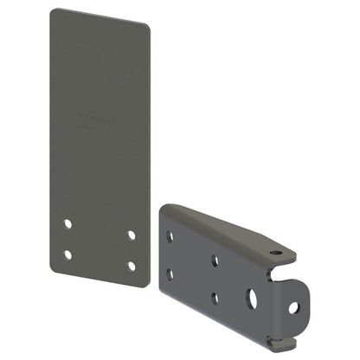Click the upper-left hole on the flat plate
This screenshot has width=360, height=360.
point(68,222)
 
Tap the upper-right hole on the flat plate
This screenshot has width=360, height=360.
point(132,234)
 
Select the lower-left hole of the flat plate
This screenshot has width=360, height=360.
point(68,254)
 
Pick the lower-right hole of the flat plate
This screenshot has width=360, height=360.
point(132,266)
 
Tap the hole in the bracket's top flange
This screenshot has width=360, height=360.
point(274,254)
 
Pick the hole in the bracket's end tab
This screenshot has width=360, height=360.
point(293,306)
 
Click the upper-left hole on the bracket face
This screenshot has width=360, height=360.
point(170,236)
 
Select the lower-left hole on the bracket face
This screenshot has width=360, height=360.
point(170,274)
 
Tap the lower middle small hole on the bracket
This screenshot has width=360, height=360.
point(215,299)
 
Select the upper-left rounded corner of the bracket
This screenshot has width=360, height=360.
point(166,209)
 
